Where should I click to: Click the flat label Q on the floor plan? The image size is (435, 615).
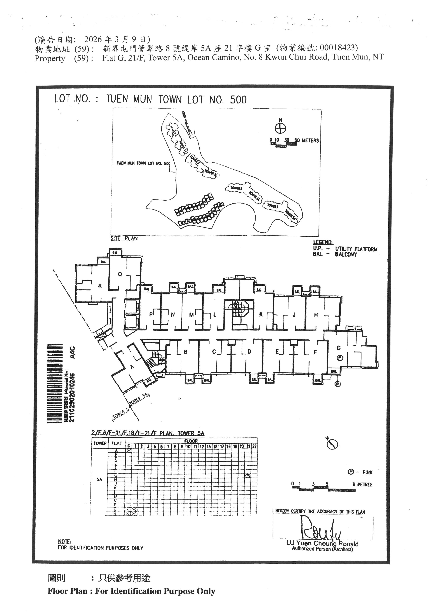(x=120, y=274)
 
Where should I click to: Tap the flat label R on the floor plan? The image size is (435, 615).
(x=100, y=286)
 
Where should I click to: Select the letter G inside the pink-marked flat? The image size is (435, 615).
(x=339, y=348)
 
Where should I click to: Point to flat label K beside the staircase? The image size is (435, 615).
(x=261, y=315)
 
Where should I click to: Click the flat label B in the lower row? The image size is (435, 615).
(x=185, y=352)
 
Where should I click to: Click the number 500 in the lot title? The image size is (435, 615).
(x=238, y=100)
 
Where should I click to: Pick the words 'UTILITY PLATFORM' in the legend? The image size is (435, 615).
(x=356, y=249)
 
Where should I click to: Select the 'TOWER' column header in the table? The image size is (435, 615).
(x=100, y=443)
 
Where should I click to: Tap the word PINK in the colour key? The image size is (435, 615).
(x=367, y=472)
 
